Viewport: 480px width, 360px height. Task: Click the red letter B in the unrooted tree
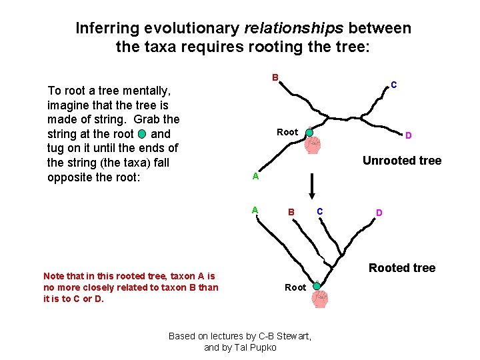[275, 77]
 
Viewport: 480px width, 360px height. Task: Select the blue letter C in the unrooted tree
[394, 85]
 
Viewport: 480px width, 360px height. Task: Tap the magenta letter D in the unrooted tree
[409, 135]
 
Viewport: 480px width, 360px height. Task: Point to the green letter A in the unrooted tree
[255, 177]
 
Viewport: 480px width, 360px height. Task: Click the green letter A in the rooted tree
[255, 210]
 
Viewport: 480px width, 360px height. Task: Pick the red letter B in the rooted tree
[291, 213]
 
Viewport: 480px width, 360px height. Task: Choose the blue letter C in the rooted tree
[320, 211]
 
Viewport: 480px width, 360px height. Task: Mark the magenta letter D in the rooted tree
[379, 213]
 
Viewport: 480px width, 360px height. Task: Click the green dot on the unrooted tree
[309, 132]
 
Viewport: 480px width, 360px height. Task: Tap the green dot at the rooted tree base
[317, 287]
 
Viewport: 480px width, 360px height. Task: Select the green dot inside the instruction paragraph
[141, 133]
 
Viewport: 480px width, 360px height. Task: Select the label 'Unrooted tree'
[401, 160]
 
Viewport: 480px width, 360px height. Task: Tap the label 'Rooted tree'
[401, 268]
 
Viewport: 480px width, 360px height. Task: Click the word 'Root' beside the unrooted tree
[287, 132]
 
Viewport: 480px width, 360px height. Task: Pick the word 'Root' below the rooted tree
[295, 287]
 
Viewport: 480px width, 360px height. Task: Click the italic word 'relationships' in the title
[294, 29]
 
